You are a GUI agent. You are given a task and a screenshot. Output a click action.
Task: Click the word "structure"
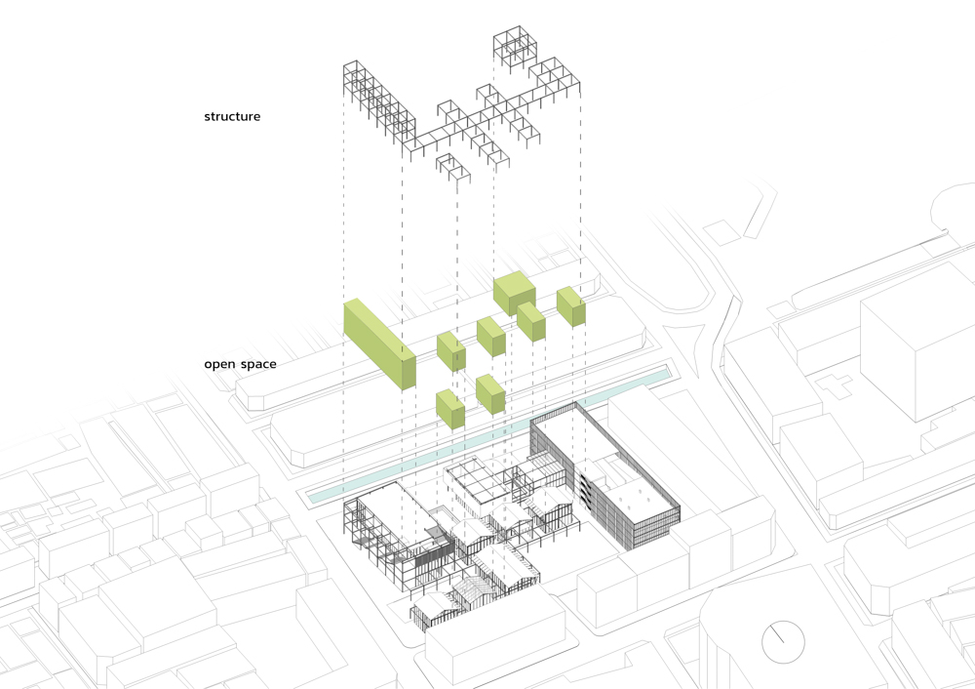[232, 117]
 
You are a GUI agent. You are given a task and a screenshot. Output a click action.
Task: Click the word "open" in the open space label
[220, 364]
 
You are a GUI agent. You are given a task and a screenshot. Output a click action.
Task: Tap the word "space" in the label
[257, 365]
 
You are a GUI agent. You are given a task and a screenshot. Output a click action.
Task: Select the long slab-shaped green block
[379, 345]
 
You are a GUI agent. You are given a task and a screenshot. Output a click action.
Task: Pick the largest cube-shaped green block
[515, 294]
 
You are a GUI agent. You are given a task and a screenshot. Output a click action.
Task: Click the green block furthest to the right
[570, 305]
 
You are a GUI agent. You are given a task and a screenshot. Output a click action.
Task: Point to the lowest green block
[449, 410]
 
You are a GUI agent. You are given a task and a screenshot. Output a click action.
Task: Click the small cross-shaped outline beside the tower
[836, 383]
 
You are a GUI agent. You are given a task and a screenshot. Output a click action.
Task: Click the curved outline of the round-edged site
[951, 200]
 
